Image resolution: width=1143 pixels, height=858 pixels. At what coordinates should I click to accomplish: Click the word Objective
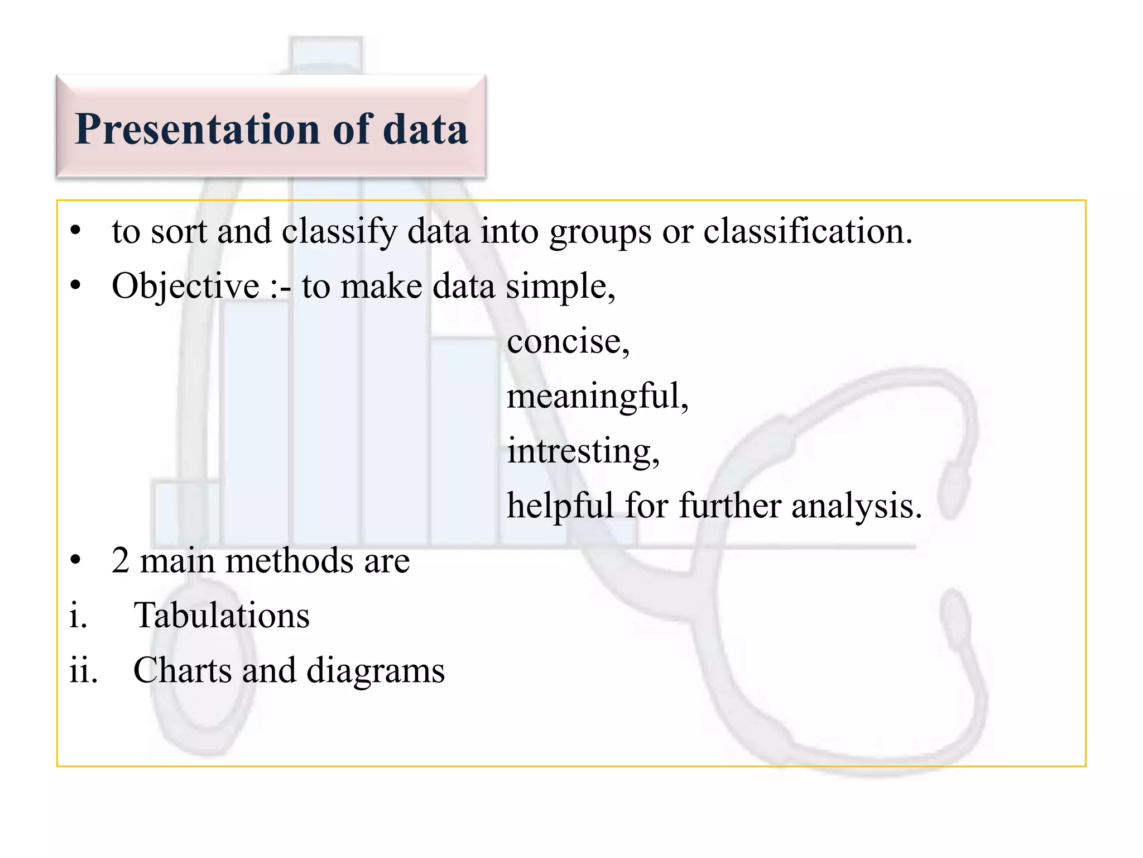pos(185,287)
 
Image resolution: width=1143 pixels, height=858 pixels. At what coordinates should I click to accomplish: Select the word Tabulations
pos(222,616)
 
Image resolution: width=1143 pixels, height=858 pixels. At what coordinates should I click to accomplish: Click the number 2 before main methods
pos(121,561)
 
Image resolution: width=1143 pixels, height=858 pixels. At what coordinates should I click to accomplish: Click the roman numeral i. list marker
pos(79,616)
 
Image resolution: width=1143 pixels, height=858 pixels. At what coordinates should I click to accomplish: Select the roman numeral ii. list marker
pos(83,670)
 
